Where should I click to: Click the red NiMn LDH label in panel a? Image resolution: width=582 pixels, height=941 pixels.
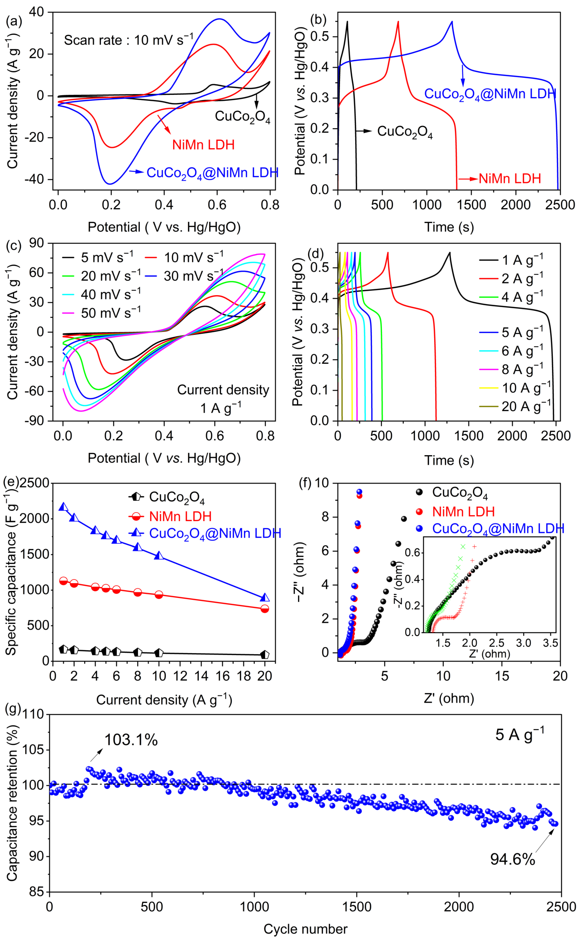point(203,145)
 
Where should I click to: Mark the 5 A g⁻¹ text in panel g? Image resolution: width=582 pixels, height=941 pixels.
point(520,734)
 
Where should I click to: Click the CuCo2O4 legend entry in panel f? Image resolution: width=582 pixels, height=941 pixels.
point(460,493)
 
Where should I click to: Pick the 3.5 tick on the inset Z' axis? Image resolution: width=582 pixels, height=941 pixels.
point(550,643)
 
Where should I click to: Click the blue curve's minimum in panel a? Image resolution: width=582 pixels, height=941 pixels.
point(110,184)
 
